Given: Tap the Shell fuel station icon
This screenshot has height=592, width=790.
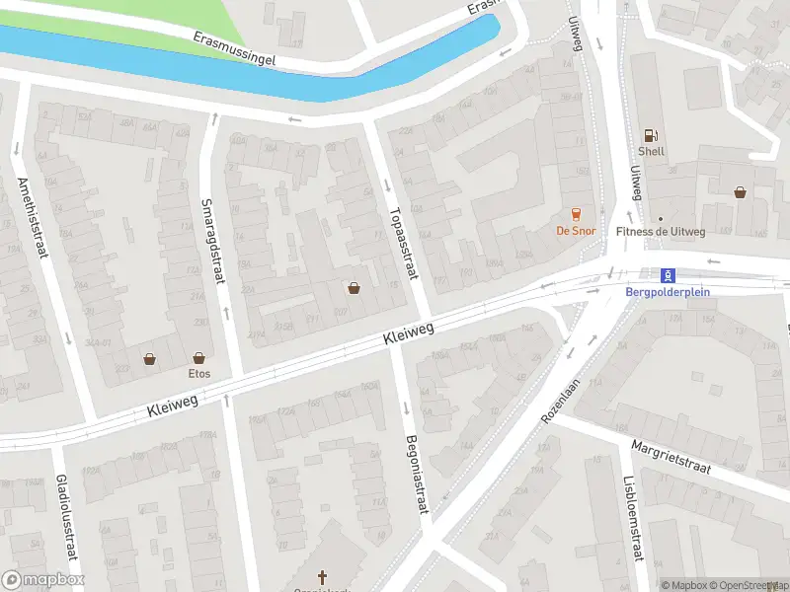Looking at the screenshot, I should (x=650, y=136).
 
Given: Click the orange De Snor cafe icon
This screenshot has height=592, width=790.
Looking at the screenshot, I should (x=576, y=213).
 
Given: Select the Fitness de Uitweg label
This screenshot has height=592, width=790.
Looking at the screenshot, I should (x=661, y=232).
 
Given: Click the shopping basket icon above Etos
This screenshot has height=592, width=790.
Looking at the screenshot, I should (x=198, y=358).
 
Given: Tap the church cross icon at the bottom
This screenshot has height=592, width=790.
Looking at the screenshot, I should (x=322, y=576).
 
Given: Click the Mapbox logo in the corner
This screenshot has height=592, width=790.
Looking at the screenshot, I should (x=43, y=580).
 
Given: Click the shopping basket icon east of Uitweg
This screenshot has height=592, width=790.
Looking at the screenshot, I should (x=740, y=192).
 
